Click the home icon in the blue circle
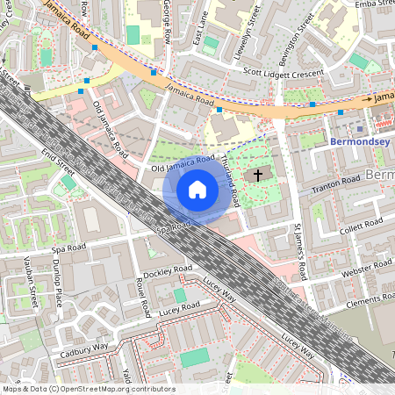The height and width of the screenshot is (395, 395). tap(197, 190)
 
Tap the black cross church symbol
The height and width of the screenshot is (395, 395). tap(257, 175)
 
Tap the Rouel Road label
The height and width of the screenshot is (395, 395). tap(140, 297)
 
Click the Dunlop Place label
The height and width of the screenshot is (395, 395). tap(58, 283)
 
